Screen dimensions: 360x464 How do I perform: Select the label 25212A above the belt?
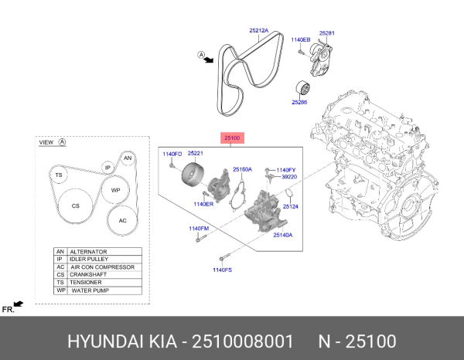coord(258,31)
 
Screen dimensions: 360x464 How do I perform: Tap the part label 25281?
coord(326,34)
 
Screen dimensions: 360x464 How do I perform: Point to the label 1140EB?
coord(300,39)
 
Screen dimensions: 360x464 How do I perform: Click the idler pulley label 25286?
coord(300,101)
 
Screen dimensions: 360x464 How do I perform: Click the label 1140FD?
coord(172,155)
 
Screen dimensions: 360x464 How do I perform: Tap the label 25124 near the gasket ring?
coord(290,206)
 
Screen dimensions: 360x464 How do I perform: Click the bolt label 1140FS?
coord(223,270)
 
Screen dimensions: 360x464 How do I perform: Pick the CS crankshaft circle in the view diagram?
coord(76,206)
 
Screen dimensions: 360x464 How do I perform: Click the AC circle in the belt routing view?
coord(122,219)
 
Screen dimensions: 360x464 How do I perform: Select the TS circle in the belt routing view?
coord(58,176)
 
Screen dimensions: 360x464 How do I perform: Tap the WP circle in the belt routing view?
coord(115,190)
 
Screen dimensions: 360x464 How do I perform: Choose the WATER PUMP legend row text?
coord(92,290)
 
